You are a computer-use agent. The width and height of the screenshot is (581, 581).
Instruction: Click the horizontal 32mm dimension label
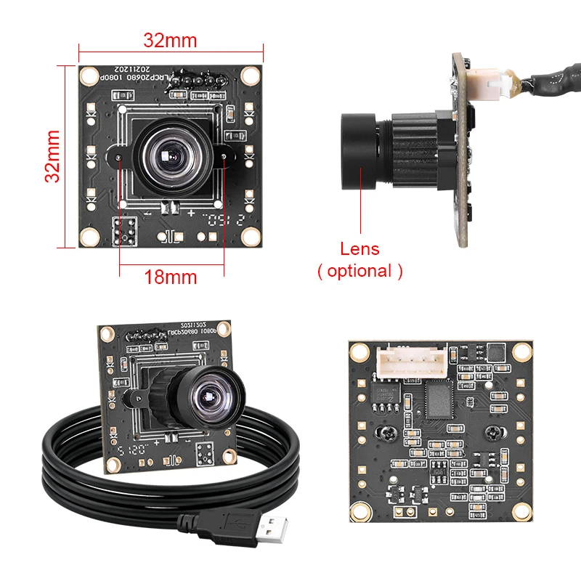(x=169, y=41)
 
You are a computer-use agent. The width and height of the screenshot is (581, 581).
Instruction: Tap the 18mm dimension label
(x=171, y=277)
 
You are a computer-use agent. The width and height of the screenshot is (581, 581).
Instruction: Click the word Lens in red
(x=359, y=249)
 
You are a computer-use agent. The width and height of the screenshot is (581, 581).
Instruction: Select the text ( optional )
(x=359, y=272)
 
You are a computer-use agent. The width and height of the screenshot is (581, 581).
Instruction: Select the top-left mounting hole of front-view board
(x=89, y=75)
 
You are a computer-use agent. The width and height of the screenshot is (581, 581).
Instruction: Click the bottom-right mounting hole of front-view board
(x=251, y=237)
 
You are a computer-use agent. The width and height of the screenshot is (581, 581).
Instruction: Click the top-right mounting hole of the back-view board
(x=520, y=352)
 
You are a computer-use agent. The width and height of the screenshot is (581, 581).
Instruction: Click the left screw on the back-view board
(x=385, y=433)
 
